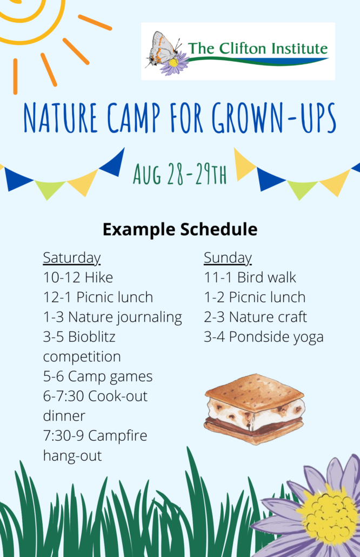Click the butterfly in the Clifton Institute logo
click(163, 49)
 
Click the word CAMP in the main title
click(134, 118)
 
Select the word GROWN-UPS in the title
click(274, 118)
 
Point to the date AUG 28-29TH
click(179, 174)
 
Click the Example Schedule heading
click(180, 229)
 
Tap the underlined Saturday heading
click(72, 258)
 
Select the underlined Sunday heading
click(228, 258)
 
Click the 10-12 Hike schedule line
click(78, 277)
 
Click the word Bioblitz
click(91, 337)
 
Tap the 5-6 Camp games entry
click(98, 377)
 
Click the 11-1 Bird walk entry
click(250, 277)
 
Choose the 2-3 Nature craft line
click(255, 317)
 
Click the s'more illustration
click(255, 409)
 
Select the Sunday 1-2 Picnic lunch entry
click(255, 297)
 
